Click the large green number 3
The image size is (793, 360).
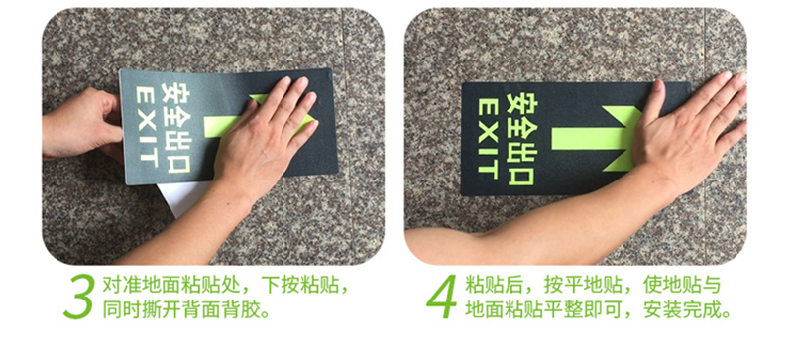(x=79, y=297)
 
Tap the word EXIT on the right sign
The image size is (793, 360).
(x=488, y=139)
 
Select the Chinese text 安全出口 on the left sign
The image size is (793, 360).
(x=175, y=128)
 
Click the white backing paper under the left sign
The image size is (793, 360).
(x=183, y=197)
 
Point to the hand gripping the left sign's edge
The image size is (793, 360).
(x=82, y=123)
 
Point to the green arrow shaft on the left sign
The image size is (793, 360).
(x=221, y=126)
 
